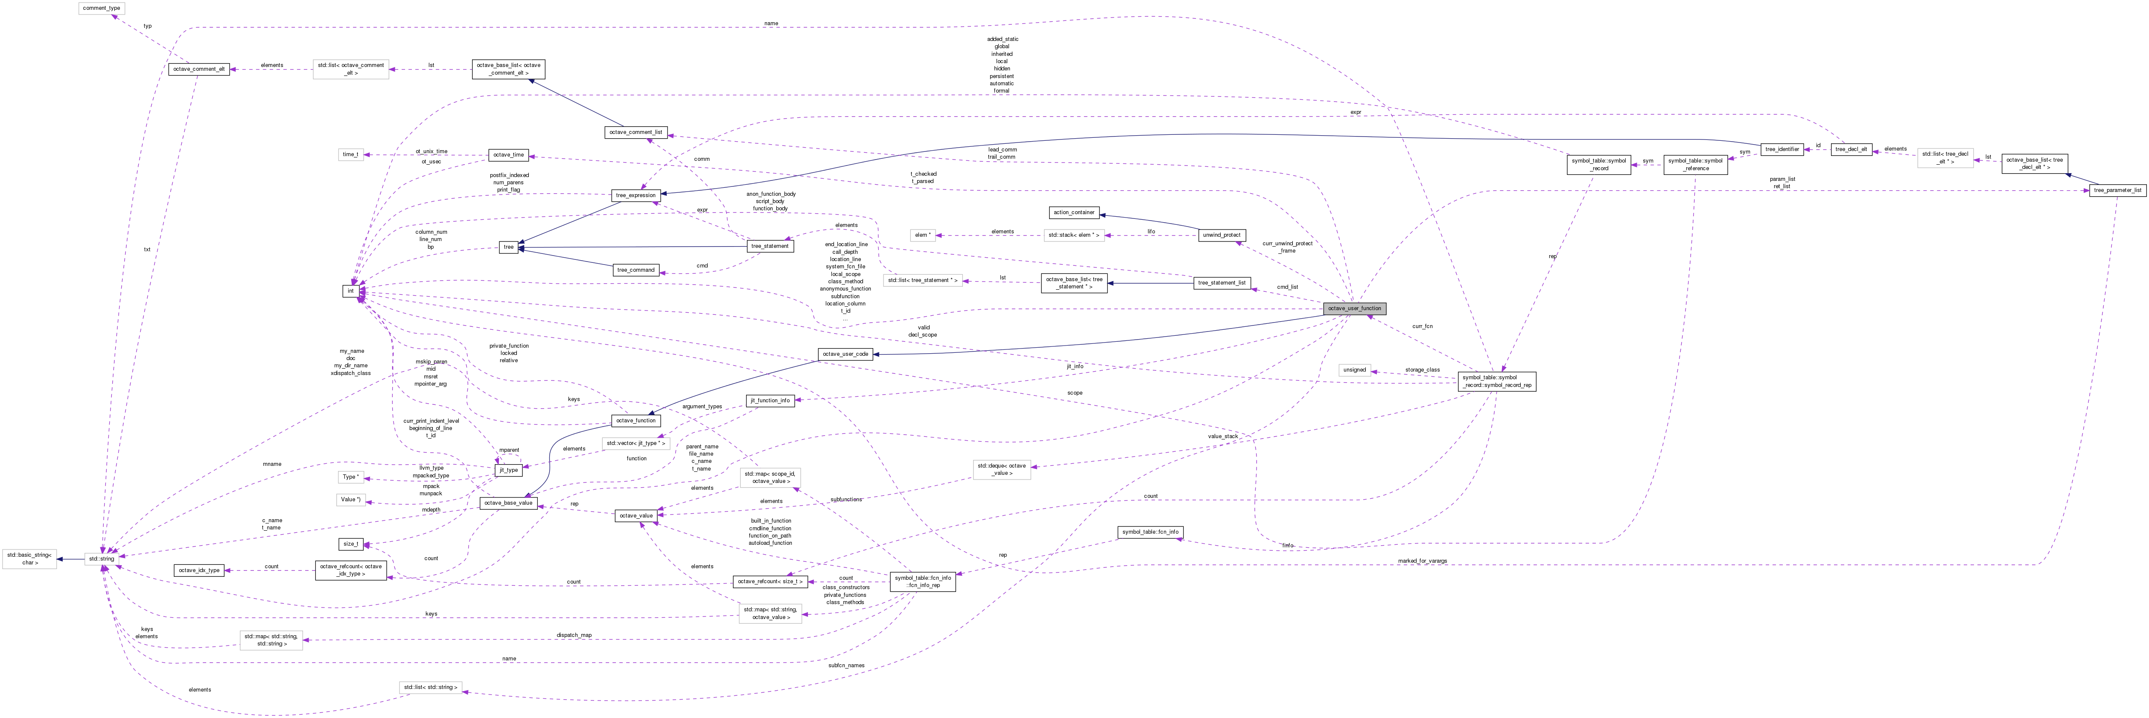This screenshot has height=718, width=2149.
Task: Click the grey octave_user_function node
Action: click(1354, 308)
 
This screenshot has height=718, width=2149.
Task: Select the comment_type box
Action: click(101, 9)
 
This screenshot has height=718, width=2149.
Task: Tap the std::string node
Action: click(101, 559)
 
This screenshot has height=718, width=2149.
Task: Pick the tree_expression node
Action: click(636, 195)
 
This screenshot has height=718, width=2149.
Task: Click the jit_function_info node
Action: click(769, 400)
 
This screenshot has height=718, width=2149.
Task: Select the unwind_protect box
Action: click(1222, 235)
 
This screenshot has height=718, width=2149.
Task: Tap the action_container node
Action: click(1074, 212)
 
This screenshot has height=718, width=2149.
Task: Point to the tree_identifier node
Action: click(1782, 149)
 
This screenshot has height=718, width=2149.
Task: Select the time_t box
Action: click(350, 154)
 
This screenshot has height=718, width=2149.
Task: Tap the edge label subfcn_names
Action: click(846, 666)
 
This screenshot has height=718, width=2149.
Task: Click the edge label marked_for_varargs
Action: click(1423, 561)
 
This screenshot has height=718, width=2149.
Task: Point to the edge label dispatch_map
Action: click(574, 635)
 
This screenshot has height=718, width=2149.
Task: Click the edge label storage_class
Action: click(1422, 369)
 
